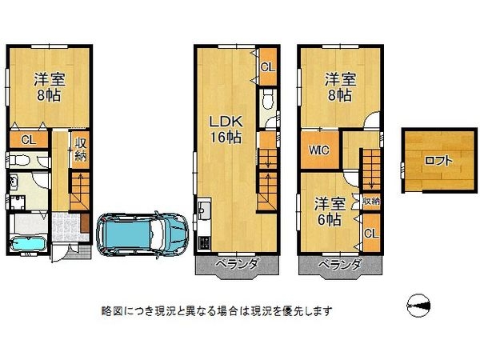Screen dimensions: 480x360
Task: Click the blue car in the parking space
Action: tap(142, 234)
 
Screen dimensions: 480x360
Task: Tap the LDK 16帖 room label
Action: tap(226, 129)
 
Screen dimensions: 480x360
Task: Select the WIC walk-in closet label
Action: tap(318, 150)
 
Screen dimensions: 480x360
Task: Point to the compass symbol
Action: tap(418, 306)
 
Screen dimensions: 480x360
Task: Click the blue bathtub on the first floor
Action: tap(28, 244)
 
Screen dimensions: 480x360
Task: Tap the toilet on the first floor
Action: tap(19, 160)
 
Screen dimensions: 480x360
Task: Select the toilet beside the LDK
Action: tap(267, 99)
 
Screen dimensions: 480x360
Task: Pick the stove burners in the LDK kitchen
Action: tap(204, 242)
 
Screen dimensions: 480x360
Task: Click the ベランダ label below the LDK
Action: tap(238, 264)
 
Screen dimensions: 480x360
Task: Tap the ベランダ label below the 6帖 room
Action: tap(340, 264)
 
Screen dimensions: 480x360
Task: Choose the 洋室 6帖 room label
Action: tap(330, 211)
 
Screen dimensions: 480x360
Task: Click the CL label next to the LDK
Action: tap(268, 67)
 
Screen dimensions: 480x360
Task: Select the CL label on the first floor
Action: tap(29, 140)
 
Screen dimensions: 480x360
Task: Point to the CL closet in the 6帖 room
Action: tap(371, 234)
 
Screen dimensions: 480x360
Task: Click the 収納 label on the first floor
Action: tap(81, 150)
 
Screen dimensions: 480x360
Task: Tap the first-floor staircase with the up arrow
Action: tap(80, 191)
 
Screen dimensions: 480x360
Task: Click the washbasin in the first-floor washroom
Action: tap(13, 182)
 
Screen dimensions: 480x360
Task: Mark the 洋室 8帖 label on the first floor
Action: tap(49, 87)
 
